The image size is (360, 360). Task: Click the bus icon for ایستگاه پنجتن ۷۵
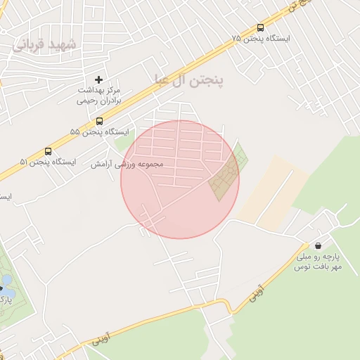[261, 28]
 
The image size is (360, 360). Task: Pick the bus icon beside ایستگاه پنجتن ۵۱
[48, 151]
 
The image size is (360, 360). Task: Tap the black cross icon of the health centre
[98, 80]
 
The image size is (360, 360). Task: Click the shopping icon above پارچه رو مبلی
[319, 246]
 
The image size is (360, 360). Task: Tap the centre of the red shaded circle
[180, 179]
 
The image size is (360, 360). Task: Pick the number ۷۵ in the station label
[236, 38]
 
